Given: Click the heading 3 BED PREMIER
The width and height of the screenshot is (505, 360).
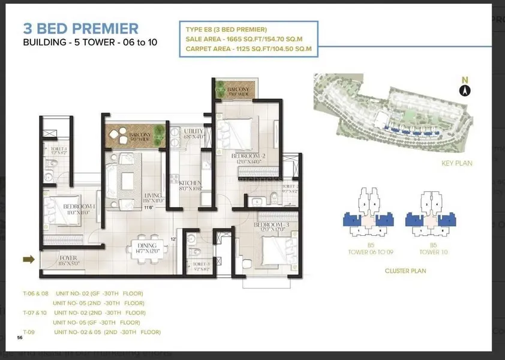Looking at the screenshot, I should [x=80, y=28].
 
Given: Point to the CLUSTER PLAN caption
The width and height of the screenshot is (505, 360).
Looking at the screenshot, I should [x=405, y=271].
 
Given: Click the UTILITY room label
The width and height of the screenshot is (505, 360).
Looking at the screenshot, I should [x=194, y=132].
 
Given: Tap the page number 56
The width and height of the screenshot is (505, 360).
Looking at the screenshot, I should [x=20, y=338].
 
